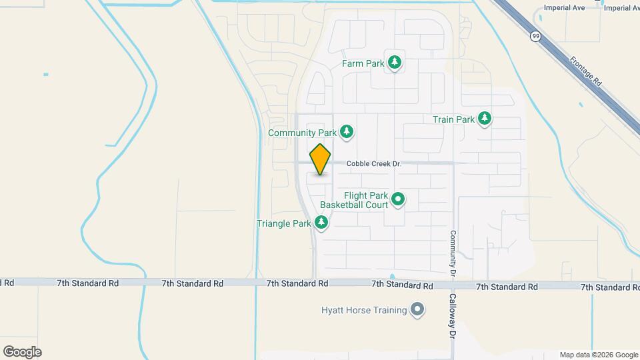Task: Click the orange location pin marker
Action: click(321, 160)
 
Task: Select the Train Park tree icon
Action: click(485, 119)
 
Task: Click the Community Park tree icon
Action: click(346, 132)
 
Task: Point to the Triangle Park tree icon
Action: click(321, 223)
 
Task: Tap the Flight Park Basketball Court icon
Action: click(398, 199)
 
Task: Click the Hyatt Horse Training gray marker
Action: click(417, 310)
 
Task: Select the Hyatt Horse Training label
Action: click(363, 310)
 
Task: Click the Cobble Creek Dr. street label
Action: click(375, 164)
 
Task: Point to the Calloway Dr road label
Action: click(451, 317)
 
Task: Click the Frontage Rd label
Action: click(586, 69)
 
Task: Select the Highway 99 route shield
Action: click(535, 37)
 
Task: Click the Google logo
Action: click(22, 351)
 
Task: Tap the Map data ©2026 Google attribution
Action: click(598, 355)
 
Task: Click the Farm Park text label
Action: click(363, 64)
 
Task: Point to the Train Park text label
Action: click(453, 120)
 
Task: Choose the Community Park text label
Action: click(301, 133)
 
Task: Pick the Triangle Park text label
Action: click(284, 223)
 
